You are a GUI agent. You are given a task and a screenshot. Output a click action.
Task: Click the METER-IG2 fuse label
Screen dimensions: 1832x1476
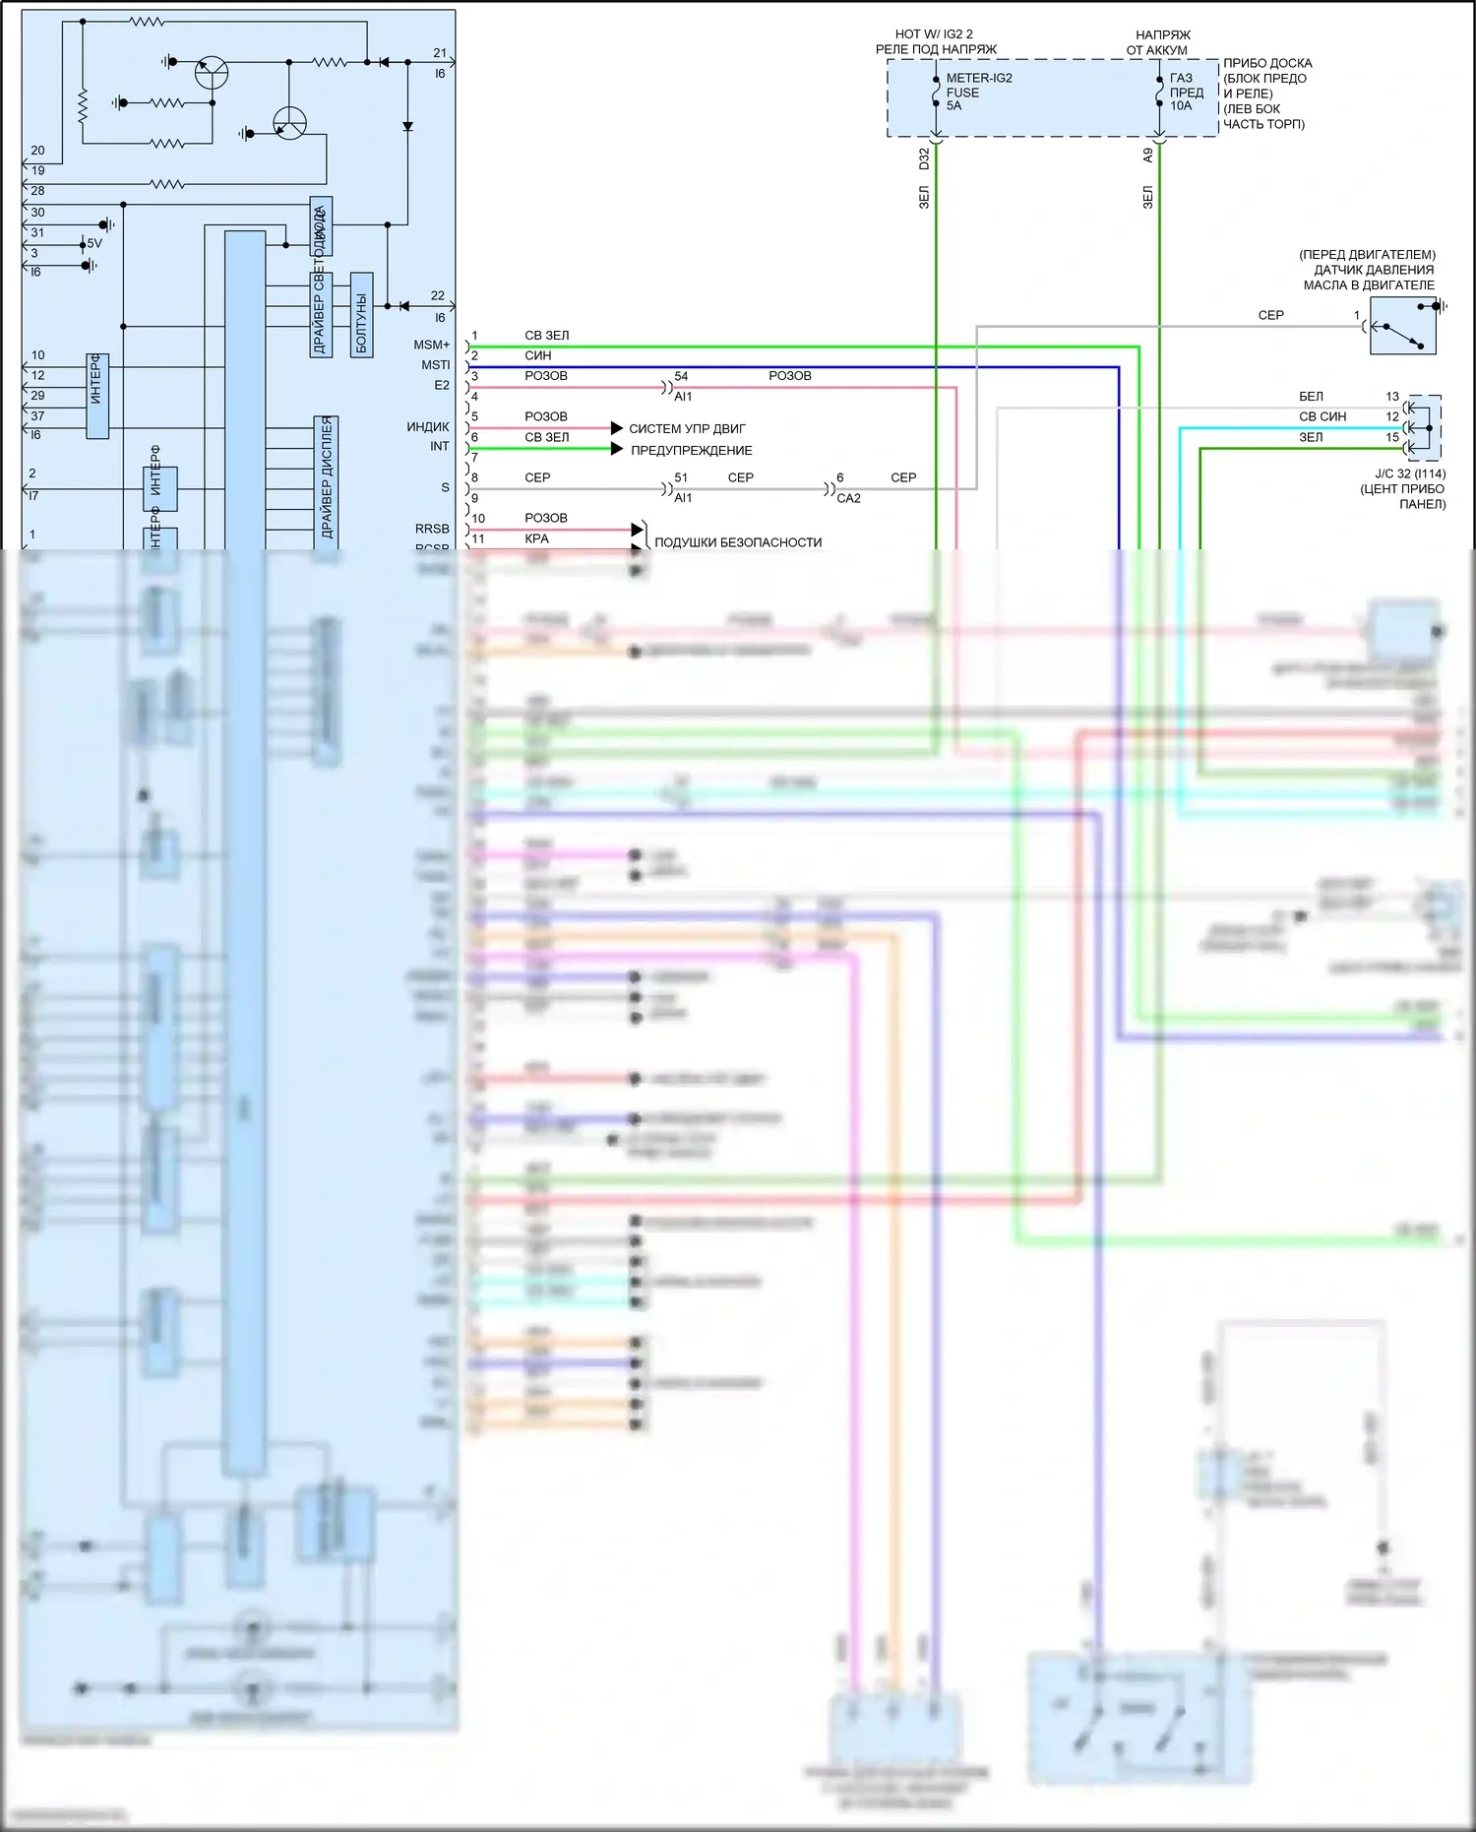(x=978, y=79)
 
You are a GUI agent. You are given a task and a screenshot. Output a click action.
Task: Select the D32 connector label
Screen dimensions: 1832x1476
(x=924, y=158)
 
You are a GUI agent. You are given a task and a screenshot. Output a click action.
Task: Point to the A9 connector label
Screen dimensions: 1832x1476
(x=1147, y=156)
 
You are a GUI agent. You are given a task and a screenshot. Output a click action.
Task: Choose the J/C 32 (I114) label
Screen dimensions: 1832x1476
(x=1410, y=474)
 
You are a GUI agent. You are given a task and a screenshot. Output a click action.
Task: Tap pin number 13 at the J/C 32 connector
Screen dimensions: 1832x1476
(x=1392, y=397)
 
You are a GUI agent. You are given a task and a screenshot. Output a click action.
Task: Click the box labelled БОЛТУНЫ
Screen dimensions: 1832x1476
(x=361, y=314)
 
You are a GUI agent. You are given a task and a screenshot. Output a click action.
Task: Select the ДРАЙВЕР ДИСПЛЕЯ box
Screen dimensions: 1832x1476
(x=327, y=478)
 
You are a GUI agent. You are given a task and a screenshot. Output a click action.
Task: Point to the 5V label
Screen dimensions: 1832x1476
(x=94, y=243)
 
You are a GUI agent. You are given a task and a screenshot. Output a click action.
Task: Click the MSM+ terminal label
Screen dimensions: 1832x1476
(x=431, y=345)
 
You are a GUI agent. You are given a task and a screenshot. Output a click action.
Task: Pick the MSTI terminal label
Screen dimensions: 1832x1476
(x=435, y=365)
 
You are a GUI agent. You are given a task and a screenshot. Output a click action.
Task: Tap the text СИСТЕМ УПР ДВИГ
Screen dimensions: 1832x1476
(x=687, y=429)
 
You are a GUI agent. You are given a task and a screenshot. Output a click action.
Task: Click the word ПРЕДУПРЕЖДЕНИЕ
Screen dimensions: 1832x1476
(x=691, y=451)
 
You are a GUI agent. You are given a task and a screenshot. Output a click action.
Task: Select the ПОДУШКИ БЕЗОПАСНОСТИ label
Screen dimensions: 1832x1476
(x=737, y=542)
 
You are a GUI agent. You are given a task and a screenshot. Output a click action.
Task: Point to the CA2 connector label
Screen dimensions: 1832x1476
(x=848, y=498)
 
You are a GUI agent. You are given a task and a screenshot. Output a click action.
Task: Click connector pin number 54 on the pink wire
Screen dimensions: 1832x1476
(x=681, y=377)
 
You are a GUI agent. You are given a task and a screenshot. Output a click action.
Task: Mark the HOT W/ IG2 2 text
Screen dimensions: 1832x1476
(x=933, y=34)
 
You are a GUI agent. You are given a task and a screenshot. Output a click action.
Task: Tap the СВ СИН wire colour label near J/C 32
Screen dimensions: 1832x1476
(x=1322, y=416)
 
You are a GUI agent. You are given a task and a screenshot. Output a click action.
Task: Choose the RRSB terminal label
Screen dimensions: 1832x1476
(x=432, y=530)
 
